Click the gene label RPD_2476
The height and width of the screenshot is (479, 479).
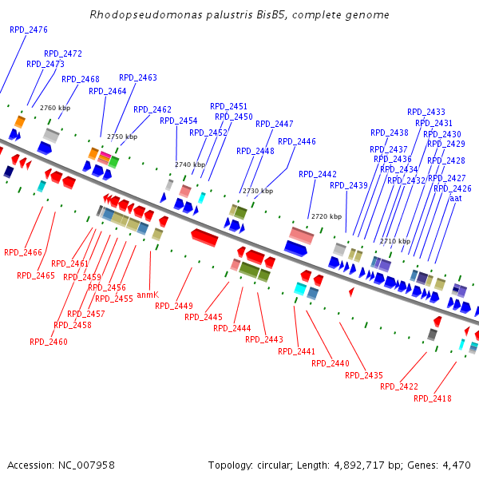pyautogui.click(x=29, y=30)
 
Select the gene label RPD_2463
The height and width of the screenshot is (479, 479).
pyautogui.click(x=138, y=78)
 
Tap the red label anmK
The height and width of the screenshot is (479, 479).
pyautogui.click(x=148, y=295)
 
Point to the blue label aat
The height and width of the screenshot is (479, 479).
pyautogui.click(x=456, y=198)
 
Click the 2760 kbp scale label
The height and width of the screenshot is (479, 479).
pyautogui.click(x=55, y=108)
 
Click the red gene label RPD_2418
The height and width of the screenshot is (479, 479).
pyautogui.click(x=433, y=398)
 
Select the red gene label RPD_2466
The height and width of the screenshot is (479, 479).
pyautogui.click(x=23, y=252)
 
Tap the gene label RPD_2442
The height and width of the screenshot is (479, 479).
pyautogui.click(x=318, y=174)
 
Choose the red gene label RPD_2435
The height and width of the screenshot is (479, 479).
pyautogui.click(x=364, y=375)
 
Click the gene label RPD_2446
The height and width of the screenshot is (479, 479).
pyautogui.click(x=297, y=141)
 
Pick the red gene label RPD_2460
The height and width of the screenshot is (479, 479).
pyautogui.click(x=49, y=342)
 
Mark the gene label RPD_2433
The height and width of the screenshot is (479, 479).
pyautogui.click(x=426, y=113)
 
